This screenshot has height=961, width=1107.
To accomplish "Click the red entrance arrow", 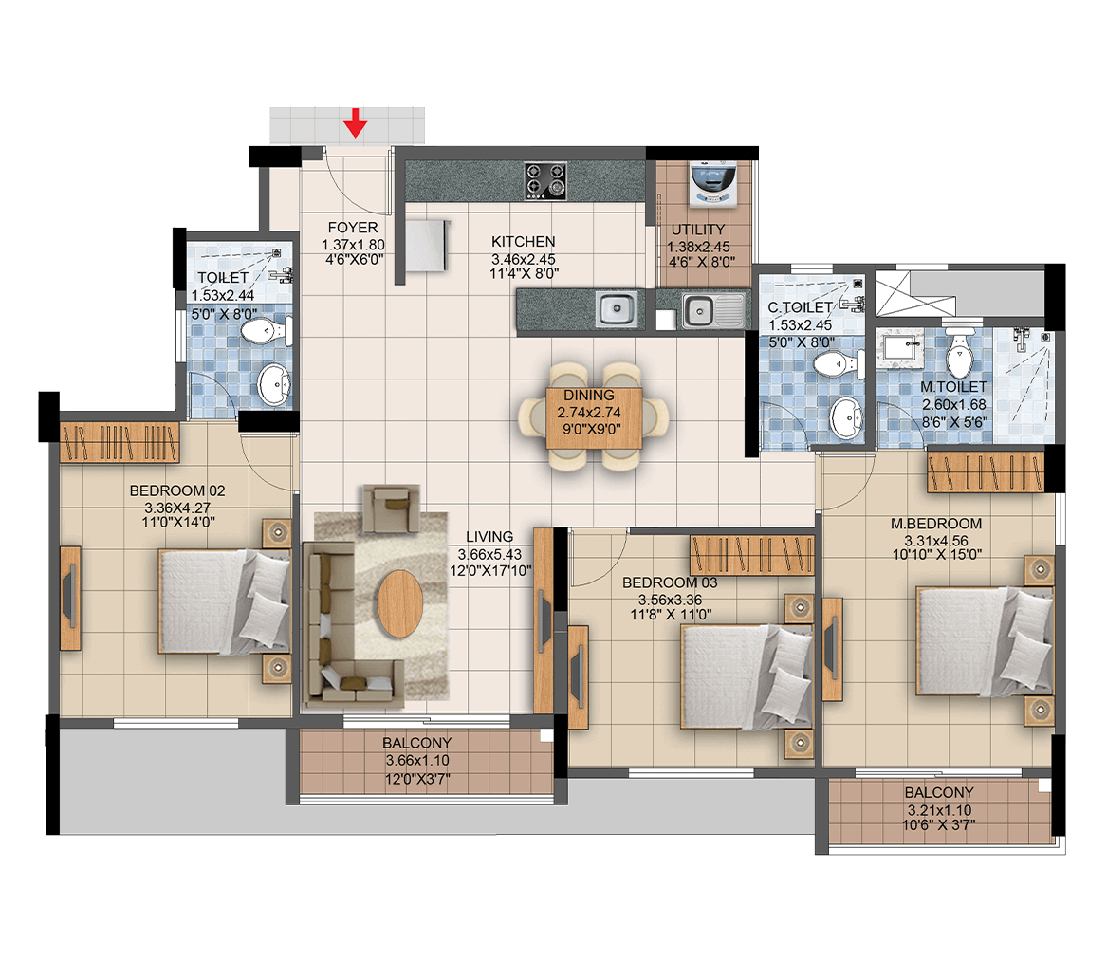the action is point(355,122).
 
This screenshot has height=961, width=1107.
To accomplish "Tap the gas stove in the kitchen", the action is point(545,180).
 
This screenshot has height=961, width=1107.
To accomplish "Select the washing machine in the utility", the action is point(713,184).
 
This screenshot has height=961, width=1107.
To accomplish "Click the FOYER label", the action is point(352,228).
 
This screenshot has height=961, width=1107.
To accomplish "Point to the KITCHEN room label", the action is point(523,242).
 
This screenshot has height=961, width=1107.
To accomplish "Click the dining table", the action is point(594,417).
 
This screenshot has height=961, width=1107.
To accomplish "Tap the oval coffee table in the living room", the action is point(399,603).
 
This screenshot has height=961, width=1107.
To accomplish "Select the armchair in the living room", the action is point(391,508).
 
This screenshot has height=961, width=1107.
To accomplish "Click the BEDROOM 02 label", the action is point(177,490).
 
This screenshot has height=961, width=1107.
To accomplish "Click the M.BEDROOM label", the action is point(935,524).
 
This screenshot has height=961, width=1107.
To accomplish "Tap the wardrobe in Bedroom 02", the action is point(120,442).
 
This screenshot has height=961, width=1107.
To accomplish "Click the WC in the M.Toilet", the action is point(959,353).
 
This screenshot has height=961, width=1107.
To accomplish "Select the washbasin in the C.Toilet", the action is point(846,417).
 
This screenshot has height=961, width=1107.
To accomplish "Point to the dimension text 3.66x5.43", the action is point(490,554).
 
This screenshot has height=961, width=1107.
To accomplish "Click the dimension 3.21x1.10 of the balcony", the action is point(939,810).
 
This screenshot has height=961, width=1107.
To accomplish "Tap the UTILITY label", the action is point(697,230).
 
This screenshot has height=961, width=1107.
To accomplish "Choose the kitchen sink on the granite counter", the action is point(617,308).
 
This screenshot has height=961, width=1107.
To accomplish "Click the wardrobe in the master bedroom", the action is point(986,471).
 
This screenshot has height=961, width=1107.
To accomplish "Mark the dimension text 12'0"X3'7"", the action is point(417,779).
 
